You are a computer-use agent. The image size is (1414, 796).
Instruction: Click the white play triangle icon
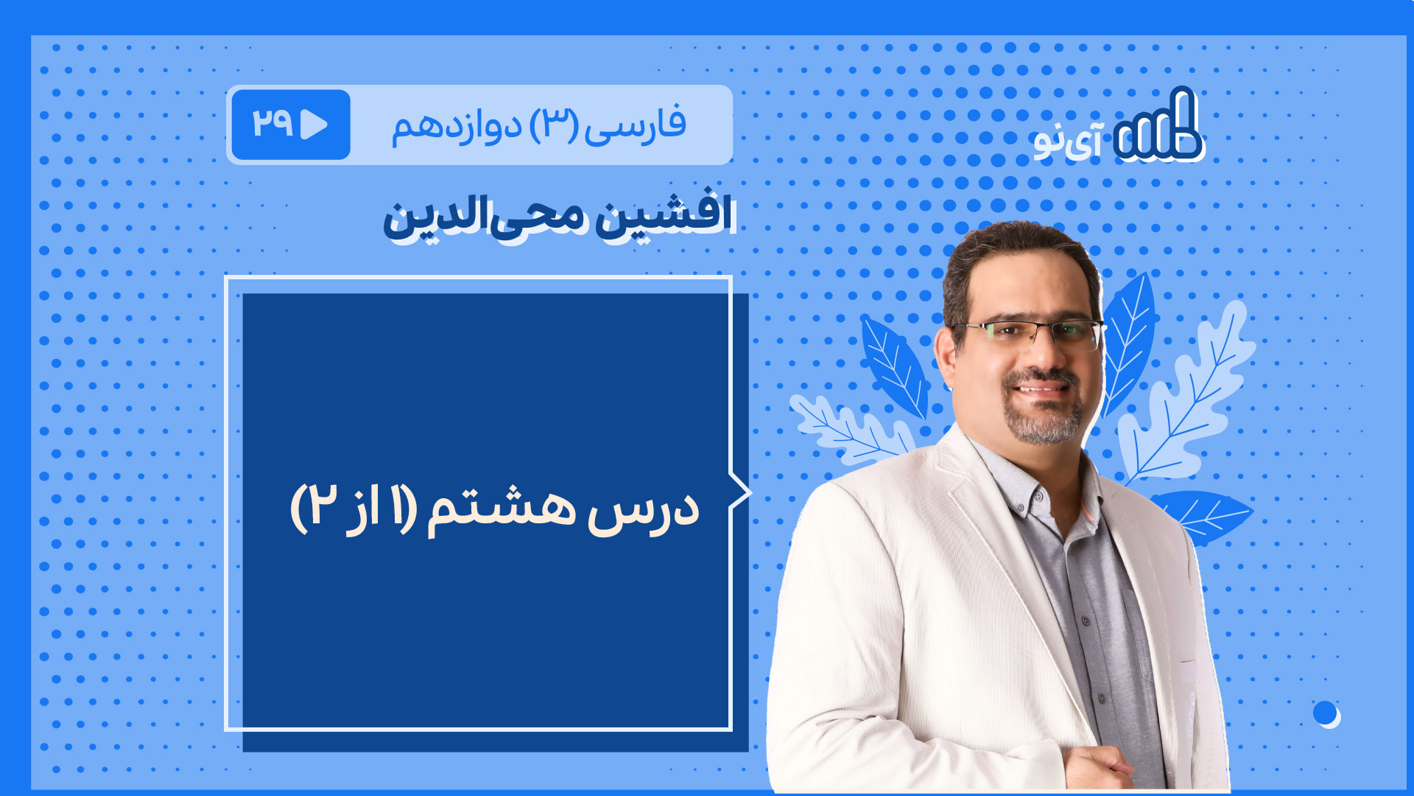[314, 125]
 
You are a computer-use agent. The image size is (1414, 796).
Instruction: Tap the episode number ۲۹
[273, 123]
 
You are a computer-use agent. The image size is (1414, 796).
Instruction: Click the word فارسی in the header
[636, 125]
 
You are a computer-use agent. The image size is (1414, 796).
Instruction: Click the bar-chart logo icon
[1158, 125]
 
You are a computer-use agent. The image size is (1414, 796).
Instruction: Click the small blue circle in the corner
[1325, 713]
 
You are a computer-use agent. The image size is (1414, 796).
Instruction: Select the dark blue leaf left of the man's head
[894, 366]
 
